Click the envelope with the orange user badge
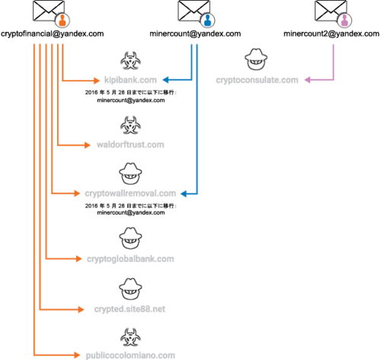(50, 12)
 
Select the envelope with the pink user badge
(331, 12)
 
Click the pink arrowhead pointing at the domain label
(307, 80)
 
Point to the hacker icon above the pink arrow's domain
(256, 59)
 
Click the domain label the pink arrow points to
(257, 80)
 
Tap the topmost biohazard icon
(130, 60)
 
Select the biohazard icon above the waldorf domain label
(130, 124)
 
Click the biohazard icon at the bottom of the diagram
(130, 336)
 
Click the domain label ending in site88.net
(130, 309)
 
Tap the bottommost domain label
(130, 355)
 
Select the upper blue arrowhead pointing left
(165, 79)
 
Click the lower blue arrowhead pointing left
(184, 193)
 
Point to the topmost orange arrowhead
(97, 79)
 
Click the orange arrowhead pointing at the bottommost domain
(77, 355)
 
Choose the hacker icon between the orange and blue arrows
(130, 174)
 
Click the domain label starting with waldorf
(130, 145)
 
